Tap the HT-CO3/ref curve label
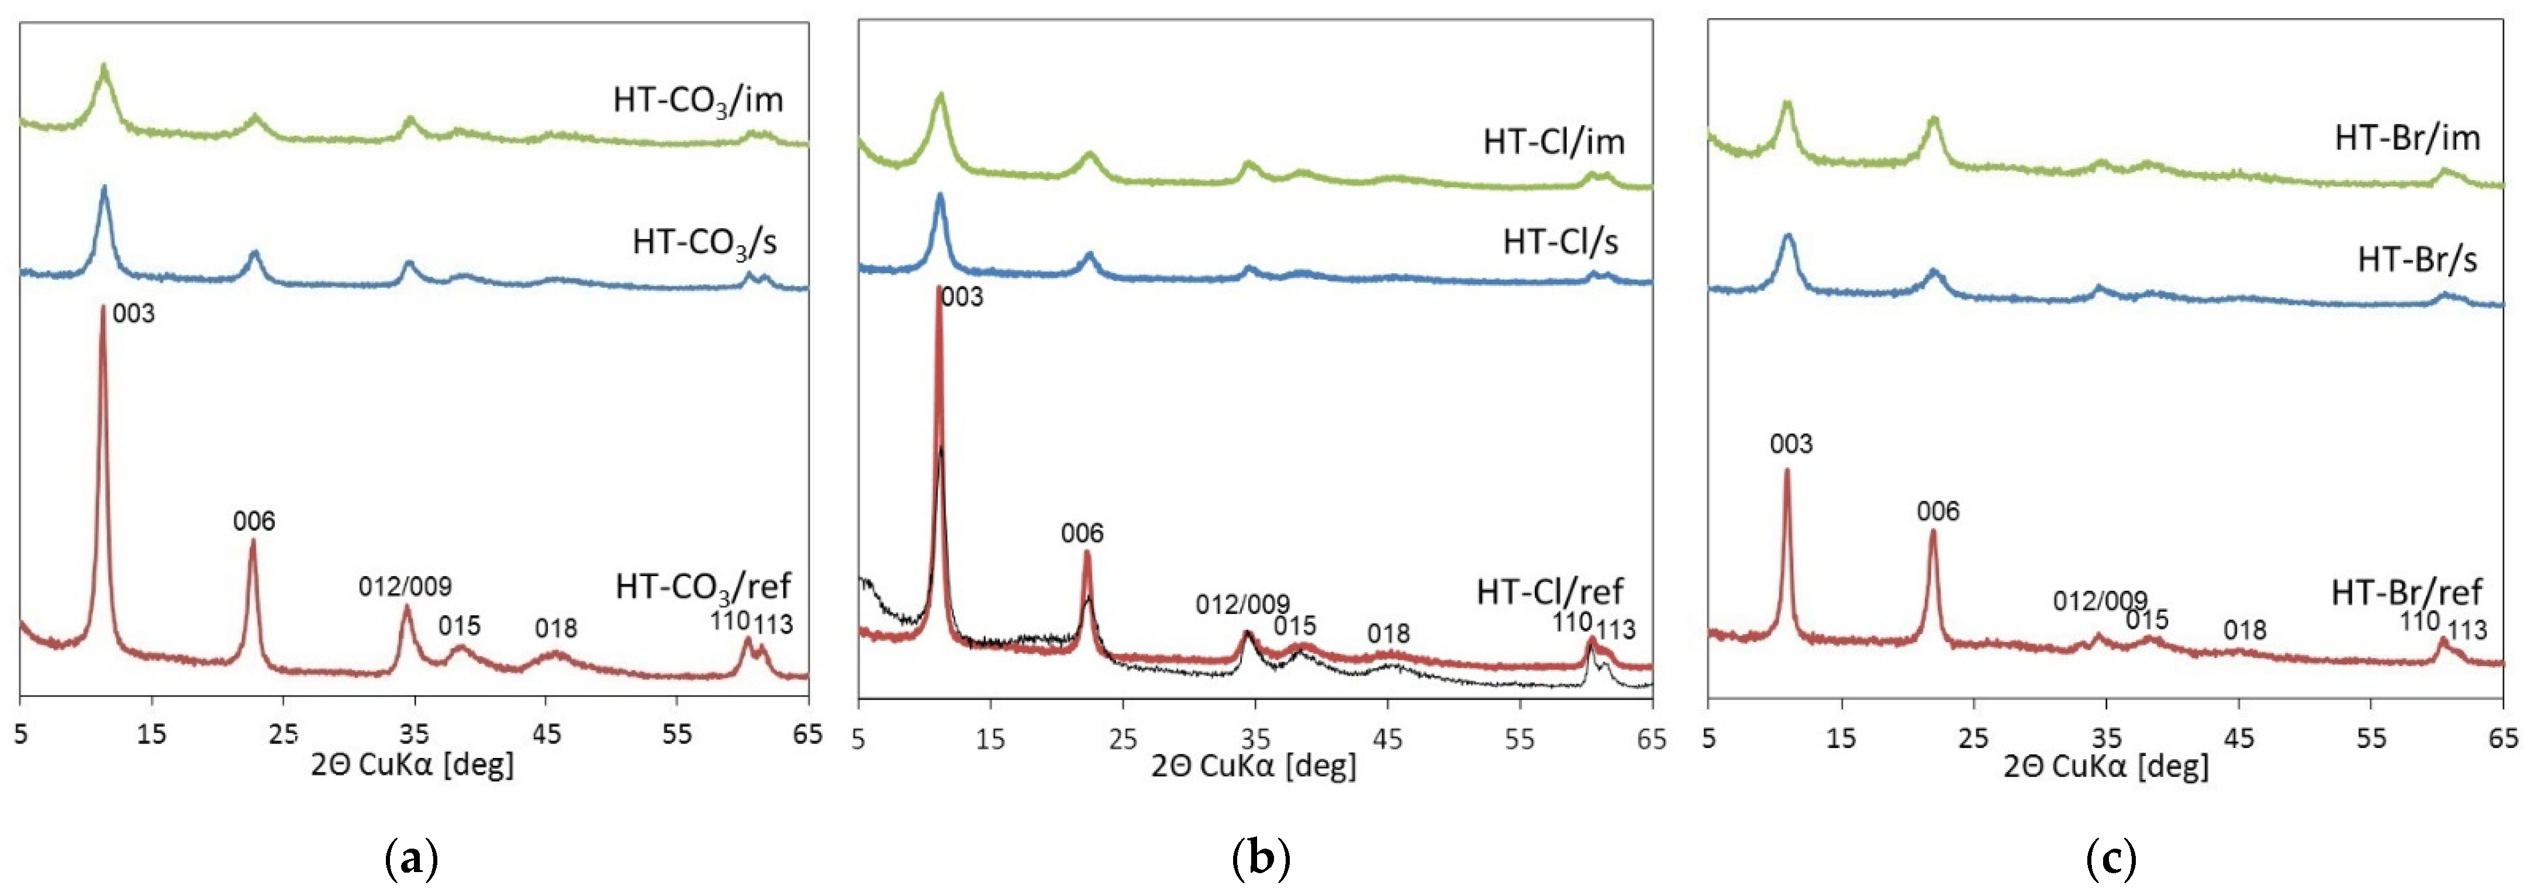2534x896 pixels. (703, 588)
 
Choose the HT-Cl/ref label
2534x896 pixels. (1549, 591)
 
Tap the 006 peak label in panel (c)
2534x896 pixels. (1938, 511)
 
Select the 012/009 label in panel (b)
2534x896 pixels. (1242, 604)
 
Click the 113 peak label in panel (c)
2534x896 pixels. (2466, 629)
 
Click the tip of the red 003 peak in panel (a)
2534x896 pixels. (102, 307)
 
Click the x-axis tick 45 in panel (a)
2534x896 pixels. (546, 735)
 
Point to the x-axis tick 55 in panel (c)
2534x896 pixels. (2371, 738)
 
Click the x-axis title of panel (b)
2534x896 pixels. (1253, 765)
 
